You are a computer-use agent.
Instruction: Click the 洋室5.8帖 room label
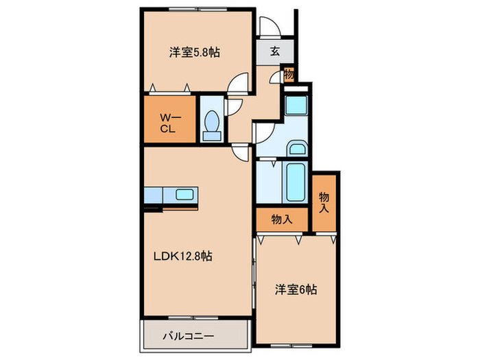(x=195, y=51)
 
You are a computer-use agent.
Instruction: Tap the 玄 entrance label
(x=274, y=51)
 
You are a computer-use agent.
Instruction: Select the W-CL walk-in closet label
(x=169, y=121)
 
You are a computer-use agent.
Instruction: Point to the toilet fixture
(x=212, y=124)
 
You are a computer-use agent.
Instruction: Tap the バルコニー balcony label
(x=189, y=337)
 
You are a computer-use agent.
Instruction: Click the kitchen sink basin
(x=184, y=194)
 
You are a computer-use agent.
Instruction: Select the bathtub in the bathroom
(x=296, y=182)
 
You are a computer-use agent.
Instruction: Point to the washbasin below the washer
(x=296, y=149)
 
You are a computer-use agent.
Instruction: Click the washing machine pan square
(x=296, y=107)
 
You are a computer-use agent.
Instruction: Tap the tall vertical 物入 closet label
(x=324, y=202)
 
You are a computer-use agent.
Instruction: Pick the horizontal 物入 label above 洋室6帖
(x=282, y=219)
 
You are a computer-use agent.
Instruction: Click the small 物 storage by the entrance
(x=289, y=74)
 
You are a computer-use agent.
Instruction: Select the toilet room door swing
(x=232, y=106)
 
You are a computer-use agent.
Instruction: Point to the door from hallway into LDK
(x=240, y=152)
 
